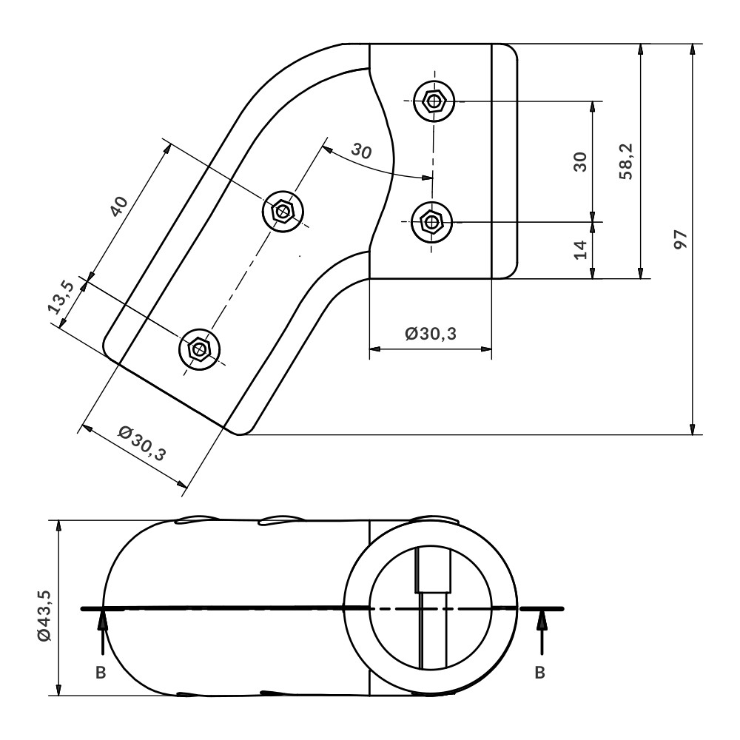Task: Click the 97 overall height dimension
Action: tap(680, 240)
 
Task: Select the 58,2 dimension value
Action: tap(626, 161)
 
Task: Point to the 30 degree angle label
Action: tap(362, 151)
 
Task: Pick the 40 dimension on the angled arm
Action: tap(119, 206)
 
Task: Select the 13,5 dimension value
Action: tap(61, 297)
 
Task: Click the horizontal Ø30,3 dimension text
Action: tap(431, 334)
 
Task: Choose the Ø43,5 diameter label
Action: tap(44, 616)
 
